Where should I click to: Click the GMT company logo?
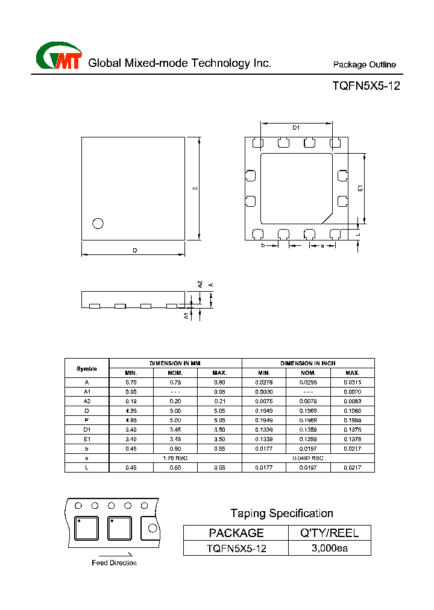pyautogui.click(x=58, y=57)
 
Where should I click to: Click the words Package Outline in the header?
pyautogui.click(x=364, y=64)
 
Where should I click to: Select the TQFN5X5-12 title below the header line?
pyautogui.click(x=366, y=86)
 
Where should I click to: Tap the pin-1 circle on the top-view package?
pyautogui.click(x=98, y=223)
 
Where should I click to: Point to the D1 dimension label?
pyautogui.click(x=296, y=127)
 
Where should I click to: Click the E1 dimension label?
pyautogui.click(x=360, y=188)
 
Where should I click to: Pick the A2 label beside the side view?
pyautogui.click(x=200, y=284)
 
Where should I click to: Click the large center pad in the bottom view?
pyautogui.click(x=296, y=187)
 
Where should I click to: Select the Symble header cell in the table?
pyautogui.click(x=87, y=368)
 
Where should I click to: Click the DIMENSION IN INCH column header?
pyautogui.click(x=308, y=363)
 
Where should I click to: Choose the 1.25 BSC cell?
pyautogui.click(x=175, y=459)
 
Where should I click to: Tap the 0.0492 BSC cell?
pyautogui.click(x=308, y=459)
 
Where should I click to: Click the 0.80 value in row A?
pyautogui.click(x=220, y=382)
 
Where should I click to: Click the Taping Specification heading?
pyautogui.click(x=281, y=514)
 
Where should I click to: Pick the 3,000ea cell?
pyautogui.click(x=330, y=549)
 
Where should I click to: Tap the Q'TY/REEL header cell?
pyautogui.click(x=330, y=533)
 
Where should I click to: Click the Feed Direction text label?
pyautogui.click(x=114, y=563)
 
